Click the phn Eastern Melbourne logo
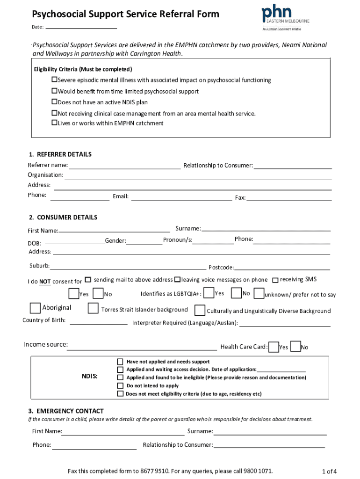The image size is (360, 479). pos(285,17)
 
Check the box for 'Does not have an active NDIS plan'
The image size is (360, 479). pos(54,102)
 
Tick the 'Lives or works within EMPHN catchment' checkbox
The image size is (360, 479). pos(54,123)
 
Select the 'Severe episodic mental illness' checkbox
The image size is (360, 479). pos(54,80)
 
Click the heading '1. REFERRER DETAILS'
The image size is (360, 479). pos(60,154)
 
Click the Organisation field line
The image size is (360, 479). pos(198,177)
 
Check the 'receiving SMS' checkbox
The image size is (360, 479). pos(276,279)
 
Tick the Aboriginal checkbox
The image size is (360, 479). pos(35,308)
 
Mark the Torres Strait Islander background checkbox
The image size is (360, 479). pos(94,309)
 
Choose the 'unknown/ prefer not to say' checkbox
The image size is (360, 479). pos(259,294)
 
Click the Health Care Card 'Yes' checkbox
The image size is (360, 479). pos(274,347)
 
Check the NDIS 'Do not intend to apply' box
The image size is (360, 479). pos(120,386)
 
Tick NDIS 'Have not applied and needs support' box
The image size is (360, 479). pos(120,362)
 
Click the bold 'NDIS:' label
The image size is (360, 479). pos(90,377)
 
